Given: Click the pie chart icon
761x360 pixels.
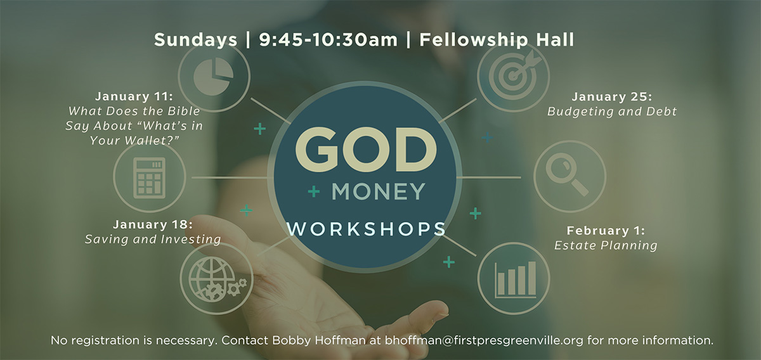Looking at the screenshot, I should click(x=214, y=77).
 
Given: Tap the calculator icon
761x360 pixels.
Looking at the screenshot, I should click(x=149, y=177).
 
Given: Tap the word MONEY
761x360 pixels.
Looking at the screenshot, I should click(x=379, y=191).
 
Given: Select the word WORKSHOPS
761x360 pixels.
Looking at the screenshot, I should click(x=366, y=228).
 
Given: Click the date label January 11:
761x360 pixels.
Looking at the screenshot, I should click(x=134, y=97).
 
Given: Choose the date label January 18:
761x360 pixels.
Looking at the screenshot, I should click(x=153, y=225).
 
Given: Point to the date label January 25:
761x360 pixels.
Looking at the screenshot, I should click(x=611, y=97).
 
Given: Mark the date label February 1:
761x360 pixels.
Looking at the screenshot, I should click(x=606, y=231).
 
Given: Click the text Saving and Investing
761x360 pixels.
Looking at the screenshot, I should click(x=153, y=240).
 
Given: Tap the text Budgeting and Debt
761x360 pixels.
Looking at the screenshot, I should click(x=612, y=112).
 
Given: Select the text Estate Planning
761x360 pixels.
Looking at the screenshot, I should click(x=606, y=245).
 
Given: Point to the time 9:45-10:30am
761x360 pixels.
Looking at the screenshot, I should click(x=328, y=40).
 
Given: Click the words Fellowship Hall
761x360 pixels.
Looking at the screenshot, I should click(x=497, y=40).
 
